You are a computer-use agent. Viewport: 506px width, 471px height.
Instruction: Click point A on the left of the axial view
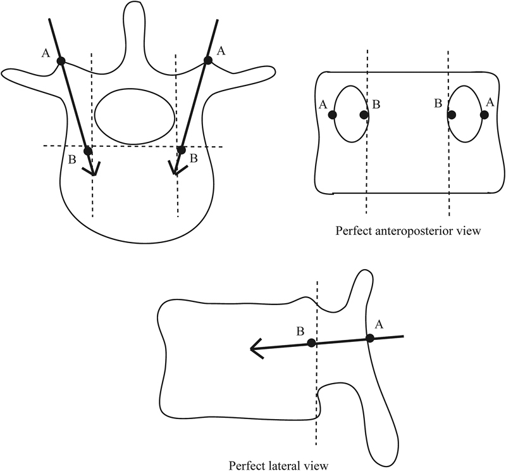(x=61, y=61)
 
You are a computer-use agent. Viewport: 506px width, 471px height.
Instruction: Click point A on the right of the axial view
(x=207, y=60)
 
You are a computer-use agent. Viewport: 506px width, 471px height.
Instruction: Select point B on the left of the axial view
(x=88, y=151)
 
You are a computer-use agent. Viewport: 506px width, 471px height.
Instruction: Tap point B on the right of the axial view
(x=181, y=150)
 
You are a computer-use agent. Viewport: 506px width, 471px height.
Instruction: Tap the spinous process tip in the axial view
(x=135, y=8)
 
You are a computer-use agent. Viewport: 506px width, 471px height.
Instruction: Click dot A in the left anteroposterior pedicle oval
(x=333, y=115)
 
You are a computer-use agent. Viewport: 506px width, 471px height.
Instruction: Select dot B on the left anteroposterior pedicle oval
(x=364, y=115)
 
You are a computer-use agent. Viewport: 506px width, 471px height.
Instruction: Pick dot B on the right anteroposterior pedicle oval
(x=452, y=115)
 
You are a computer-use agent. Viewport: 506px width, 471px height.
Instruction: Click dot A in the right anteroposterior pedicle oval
(x=484, y=115)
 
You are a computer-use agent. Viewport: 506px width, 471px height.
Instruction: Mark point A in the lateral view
(x=370, y=338)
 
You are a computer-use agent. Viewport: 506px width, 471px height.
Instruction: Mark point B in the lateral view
(x=311, y=342)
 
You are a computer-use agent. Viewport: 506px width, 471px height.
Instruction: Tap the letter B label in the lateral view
(x=300, y=330)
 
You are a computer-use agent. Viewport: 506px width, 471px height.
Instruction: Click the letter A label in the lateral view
(x=379, y=324)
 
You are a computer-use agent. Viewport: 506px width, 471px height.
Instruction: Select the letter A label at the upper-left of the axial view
(x=45, y=53)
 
